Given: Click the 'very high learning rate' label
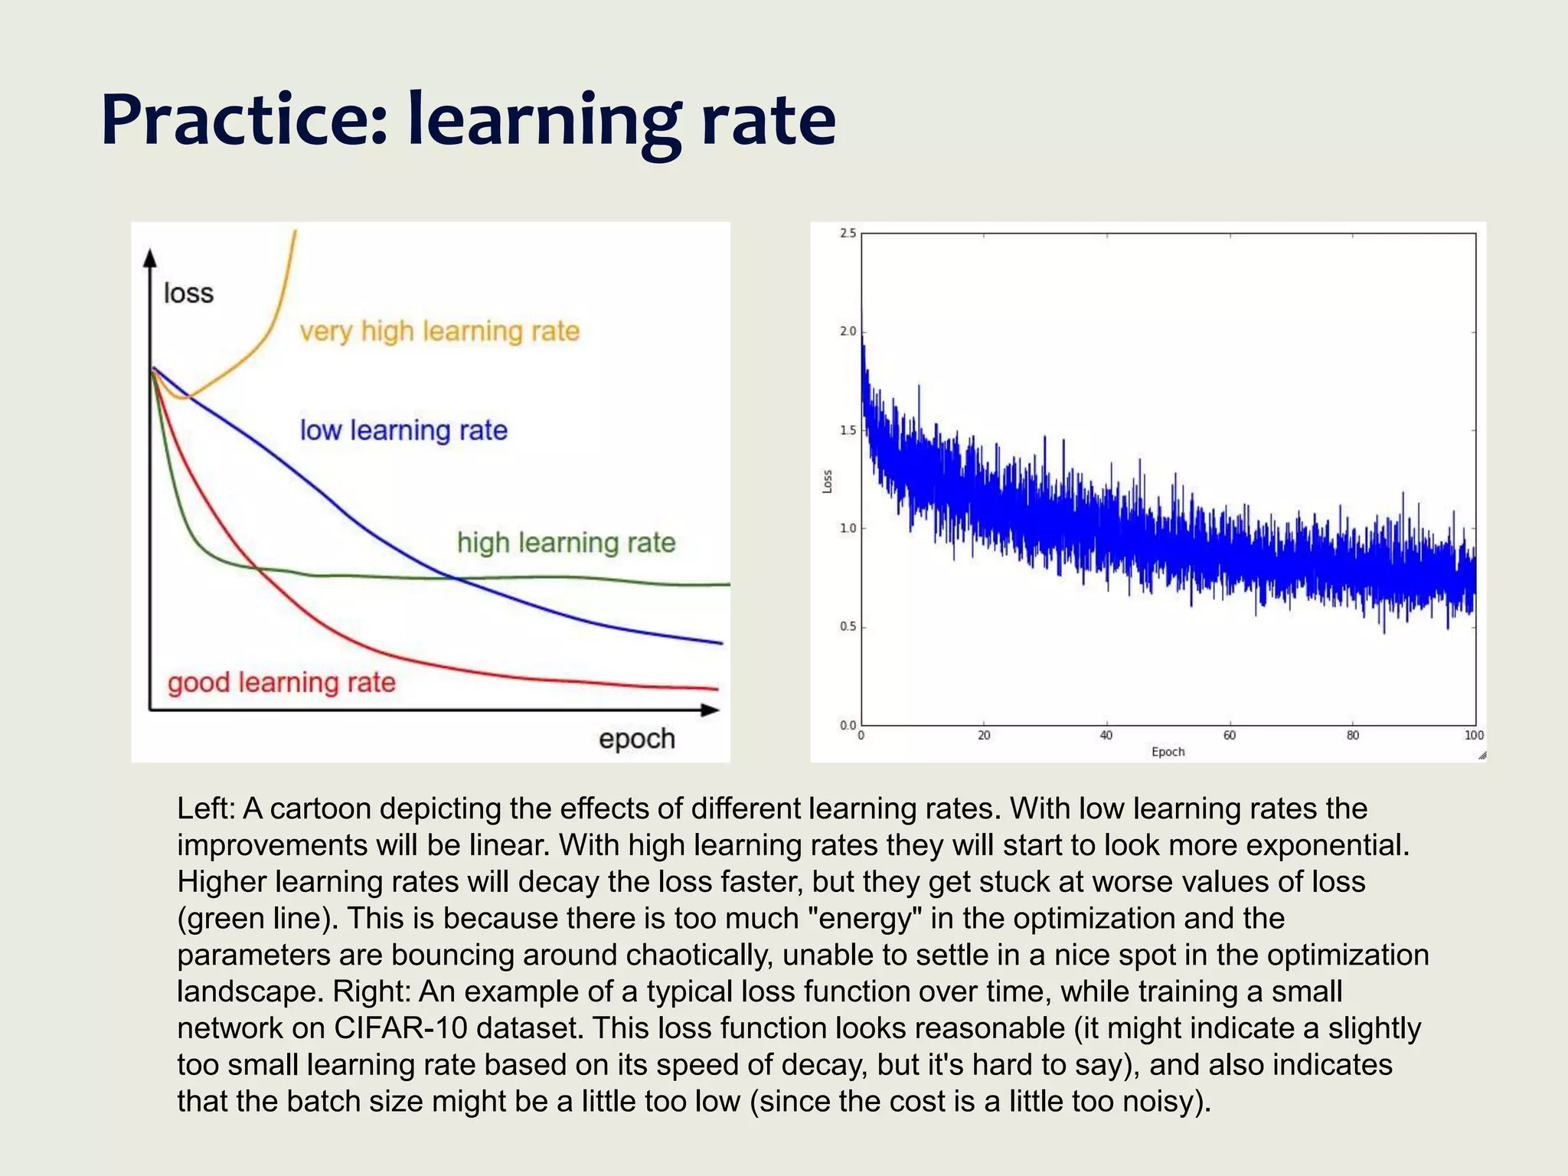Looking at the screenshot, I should point(439,332).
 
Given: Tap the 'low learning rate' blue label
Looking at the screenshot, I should point(403,430).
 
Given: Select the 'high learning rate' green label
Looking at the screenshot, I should point(566,543).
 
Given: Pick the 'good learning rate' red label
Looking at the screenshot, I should point(282,682).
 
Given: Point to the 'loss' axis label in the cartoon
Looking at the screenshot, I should point(188,293).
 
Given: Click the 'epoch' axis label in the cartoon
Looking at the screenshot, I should point(636,739).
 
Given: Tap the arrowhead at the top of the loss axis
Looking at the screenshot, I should point(150,259).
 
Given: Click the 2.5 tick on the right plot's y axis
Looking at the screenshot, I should point(848,234).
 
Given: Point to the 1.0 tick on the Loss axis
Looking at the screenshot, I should point(848,528).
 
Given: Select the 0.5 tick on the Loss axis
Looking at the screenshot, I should point(848,627).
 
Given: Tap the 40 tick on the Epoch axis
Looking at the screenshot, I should point(1106,736).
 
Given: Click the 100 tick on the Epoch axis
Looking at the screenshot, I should point(1474,736).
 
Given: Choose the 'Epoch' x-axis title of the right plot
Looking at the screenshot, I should point(1168,752).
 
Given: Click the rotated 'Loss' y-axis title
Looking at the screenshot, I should point(827,481).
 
